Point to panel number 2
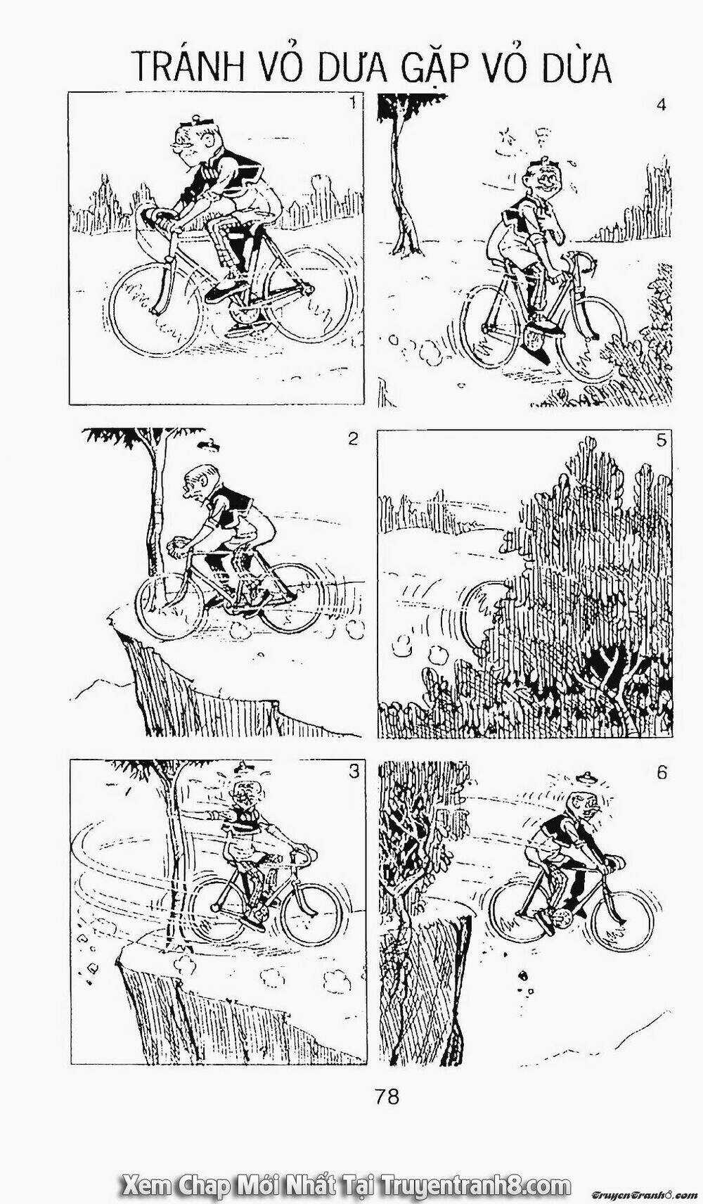(x=353, y=439)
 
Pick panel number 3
(x=354, y=771)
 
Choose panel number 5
(x=661, y=441)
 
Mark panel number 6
(x=661, y=772)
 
